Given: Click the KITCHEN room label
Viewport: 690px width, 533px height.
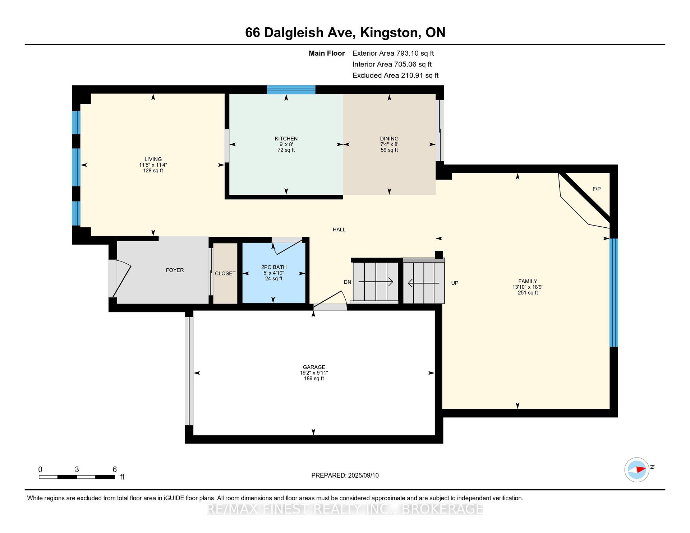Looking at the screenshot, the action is (286, 139).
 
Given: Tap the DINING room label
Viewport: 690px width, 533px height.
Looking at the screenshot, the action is (389, 139).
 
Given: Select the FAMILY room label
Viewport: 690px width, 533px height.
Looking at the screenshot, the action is (528, 281).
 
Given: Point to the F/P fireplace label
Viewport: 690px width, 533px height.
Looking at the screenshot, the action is (597, 189).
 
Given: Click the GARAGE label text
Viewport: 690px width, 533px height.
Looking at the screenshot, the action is (314, 367).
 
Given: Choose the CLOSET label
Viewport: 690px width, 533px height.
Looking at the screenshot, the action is (225, 273).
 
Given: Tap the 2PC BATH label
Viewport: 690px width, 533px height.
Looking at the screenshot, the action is (274, 267).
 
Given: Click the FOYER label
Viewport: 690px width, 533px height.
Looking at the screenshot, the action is (175, 270).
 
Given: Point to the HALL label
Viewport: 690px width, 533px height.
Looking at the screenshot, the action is (339, 230).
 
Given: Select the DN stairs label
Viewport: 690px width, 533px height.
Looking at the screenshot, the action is (348, 282).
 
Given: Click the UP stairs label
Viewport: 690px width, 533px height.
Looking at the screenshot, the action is (455, 283).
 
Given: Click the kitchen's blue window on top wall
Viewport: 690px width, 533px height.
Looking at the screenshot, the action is (291, 89).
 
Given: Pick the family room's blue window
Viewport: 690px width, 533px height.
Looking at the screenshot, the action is (614, 292).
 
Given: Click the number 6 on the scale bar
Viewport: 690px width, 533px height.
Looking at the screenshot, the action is (115, 469).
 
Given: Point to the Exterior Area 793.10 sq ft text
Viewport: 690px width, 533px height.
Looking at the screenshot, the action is (393, 53).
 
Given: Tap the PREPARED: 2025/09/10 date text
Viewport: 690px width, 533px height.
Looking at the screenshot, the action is (345, 476).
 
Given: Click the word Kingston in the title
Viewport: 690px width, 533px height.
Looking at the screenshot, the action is (390, 33).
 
